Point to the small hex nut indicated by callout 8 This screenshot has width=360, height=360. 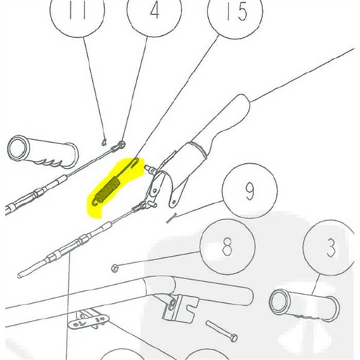[115, 267]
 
